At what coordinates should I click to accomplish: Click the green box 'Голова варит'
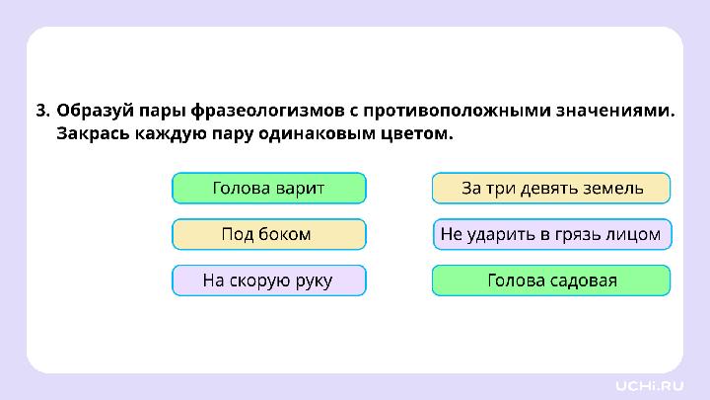(x=268, y=188)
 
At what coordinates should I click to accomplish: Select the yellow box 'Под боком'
(x=268, y=234)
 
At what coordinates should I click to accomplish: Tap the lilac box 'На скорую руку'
(x=268, y=280)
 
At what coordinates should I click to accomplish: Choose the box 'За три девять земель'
(x=551, y=188)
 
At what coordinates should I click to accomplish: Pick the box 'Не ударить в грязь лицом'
(x=551, y=234)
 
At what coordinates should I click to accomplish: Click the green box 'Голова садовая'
(x=551, y=280)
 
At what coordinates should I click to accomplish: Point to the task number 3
(x=41, y=111)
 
